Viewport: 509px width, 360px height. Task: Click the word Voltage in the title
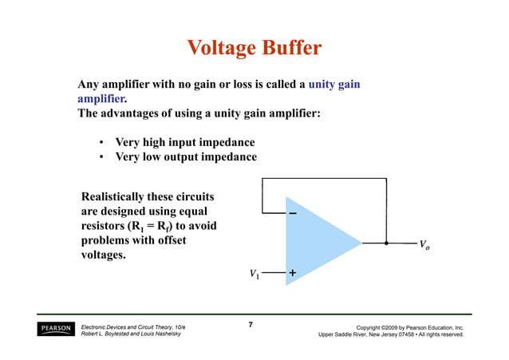219,49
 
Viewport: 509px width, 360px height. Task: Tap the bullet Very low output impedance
186,156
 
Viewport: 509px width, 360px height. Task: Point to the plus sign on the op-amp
293,273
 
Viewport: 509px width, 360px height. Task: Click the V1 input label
254,274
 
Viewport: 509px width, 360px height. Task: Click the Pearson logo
55,330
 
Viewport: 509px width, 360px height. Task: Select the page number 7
251,325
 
